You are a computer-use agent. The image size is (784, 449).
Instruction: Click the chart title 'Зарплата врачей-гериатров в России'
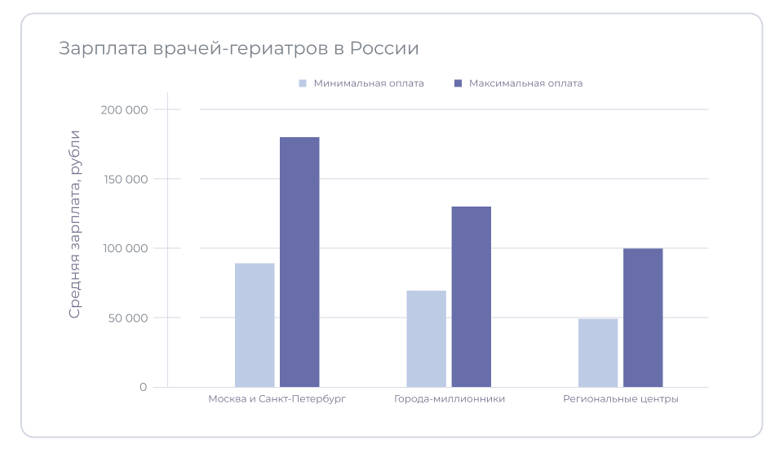coord(238,48)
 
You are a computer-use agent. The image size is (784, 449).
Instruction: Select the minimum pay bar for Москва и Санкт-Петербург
coord(255,325)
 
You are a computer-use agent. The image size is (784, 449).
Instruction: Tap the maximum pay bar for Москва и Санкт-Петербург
coord(299,262)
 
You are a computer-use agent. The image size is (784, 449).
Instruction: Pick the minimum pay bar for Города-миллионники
coord(426,339)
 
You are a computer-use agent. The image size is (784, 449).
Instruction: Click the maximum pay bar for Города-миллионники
coord(472,296)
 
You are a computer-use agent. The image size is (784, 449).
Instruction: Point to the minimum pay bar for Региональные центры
coord(598,353)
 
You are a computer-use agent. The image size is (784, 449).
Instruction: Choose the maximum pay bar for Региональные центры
coord(643,318)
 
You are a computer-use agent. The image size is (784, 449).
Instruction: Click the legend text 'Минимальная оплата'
coord(369,83)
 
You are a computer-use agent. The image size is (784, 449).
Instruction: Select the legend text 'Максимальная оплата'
coord(525,83)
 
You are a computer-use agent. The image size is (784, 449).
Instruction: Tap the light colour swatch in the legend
coord(302,83)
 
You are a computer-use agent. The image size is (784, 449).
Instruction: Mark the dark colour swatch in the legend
coord(458,83)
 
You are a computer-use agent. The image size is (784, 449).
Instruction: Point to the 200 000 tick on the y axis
coord(127,110)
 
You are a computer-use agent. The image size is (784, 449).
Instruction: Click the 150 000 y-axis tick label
coord(128,180)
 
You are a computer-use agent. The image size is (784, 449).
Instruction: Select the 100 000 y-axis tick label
coord(128,248)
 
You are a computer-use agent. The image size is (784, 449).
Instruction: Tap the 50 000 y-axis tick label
coord(131,318)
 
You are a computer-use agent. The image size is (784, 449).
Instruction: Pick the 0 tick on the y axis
coord(143,387)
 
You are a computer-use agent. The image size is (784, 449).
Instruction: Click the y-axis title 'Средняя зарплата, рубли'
coord(74,224)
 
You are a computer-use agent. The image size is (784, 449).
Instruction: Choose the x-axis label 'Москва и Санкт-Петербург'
coord(277,399)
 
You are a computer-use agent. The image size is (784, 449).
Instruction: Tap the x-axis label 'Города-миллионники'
coord(450,399)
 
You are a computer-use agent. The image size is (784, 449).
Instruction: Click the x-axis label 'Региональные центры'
coord(621,399)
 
